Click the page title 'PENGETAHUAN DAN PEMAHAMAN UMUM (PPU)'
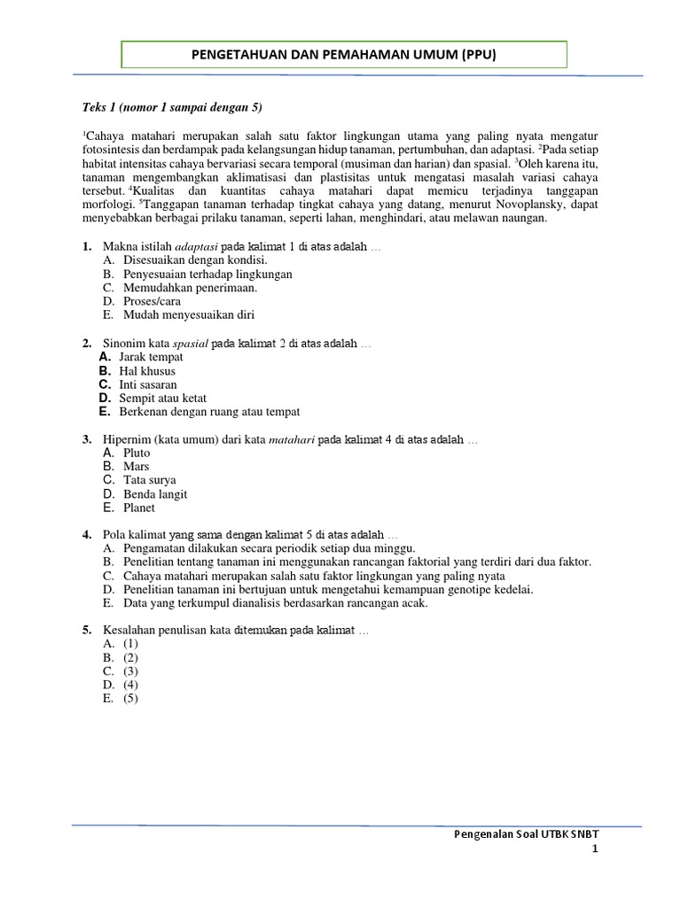pos(344,55)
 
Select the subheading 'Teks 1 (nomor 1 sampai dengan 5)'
pos(173,107)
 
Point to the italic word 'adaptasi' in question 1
pos(201,246)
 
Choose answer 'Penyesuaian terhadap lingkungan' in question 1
pos(207,275)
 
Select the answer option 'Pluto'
pos(137,453)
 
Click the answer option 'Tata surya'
pos(150,480)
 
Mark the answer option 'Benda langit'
pos(155,494)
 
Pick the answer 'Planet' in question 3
pos(139,508)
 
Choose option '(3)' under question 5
pos(131,671)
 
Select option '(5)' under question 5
pos(131,698)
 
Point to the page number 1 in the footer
pos(596,849)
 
